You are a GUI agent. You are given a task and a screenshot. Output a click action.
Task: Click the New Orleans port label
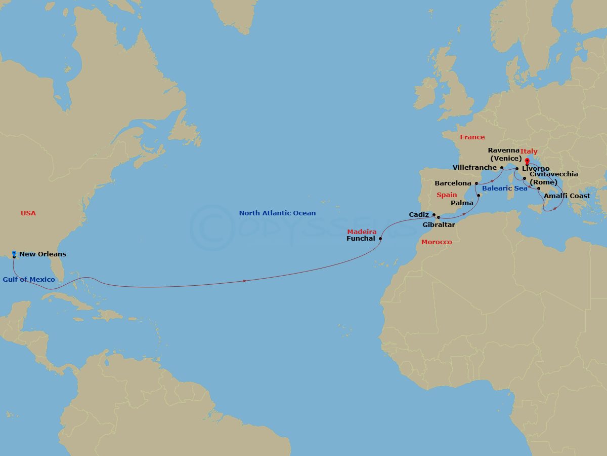click(x=42, y=254)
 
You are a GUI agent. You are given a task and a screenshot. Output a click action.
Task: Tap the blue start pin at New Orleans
click(x=14, y=253)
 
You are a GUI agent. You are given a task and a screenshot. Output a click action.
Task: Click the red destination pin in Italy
click(x=527, y=162)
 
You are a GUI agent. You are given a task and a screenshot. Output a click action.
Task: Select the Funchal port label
click(x=361, y=239)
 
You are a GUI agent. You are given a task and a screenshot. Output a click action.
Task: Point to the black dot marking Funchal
click(x=380, y=239)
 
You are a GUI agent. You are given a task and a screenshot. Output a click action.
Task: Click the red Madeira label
click(x=362, y=232)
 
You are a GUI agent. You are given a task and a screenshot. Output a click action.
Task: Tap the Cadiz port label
click(x=419, y=215)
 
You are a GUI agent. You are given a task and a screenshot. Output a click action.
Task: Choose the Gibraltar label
click(x=439, y=224)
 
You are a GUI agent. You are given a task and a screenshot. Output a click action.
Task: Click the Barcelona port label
click(x=453, y=183)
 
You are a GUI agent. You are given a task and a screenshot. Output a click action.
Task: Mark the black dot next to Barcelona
click(x=476, y=183)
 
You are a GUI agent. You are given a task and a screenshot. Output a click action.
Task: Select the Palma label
click(x=462, y=202)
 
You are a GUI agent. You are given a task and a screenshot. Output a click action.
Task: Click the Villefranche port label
click(x=474, y=167)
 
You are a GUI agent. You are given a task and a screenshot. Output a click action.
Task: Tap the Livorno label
click(x=536, y=168)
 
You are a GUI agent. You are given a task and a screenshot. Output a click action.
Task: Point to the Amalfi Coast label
click(x=567, y=196)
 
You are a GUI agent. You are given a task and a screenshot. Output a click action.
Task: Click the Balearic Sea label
click(x=504, y=188)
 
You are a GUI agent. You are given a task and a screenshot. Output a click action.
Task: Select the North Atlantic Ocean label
click(x=277, y=213)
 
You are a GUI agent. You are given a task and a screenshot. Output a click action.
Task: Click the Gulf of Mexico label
click(x=29, y=279)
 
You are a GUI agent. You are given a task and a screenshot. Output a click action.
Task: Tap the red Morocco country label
click(x=437, y=242)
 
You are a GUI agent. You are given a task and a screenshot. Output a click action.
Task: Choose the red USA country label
click(x=28, y=213)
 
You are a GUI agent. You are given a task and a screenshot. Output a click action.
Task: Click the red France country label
click(x=472, y=137)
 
